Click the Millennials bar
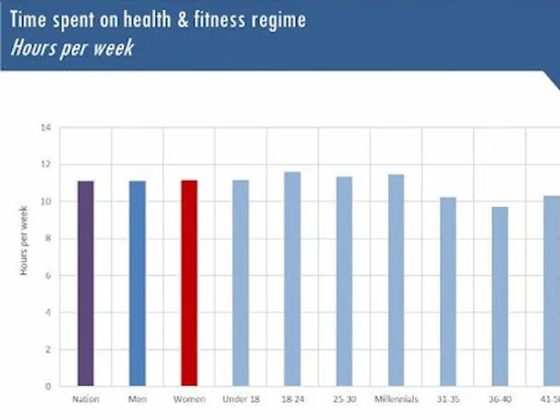pos(396,280)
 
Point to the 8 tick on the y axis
pos(48,239)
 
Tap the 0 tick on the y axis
pos(48,387)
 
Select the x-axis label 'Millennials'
pos(396,400)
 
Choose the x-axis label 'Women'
pos(189,400)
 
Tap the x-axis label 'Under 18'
pos(241,400)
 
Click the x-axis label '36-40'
pos(500,400)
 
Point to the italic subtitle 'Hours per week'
pos(73,48)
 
